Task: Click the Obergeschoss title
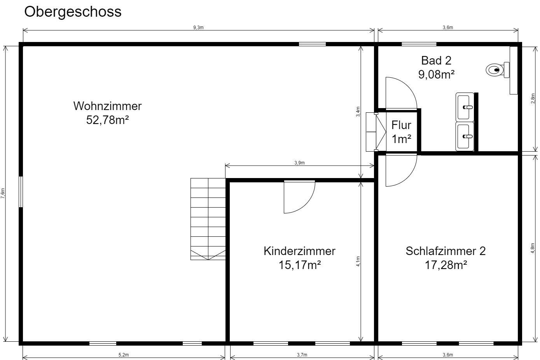73,12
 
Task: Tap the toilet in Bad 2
498,70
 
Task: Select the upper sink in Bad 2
465,107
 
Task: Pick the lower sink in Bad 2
465,136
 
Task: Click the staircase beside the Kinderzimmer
208,219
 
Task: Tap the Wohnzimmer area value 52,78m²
108,120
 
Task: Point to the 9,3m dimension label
198,28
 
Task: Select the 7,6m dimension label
3,193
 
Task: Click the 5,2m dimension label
124,355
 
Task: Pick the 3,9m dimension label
299,163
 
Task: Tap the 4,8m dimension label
533,248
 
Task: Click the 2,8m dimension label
533,99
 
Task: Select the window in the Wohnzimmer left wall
21,192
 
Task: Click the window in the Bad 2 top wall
419,44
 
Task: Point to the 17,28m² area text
446,265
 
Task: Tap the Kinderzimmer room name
299,251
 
